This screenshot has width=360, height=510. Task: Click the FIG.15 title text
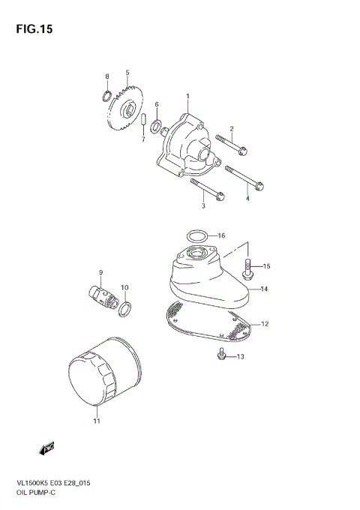pyautogui.click(x=33, y=29)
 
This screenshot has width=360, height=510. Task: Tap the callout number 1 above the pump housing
pyautogui.click(x=187, y=96)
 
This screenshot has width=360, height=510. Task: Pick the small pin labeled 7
pyautogui.click(x=143, y=122)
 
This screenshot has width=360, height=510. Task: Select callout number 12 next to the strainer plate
pyautogui.click(x=263, y=324)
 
